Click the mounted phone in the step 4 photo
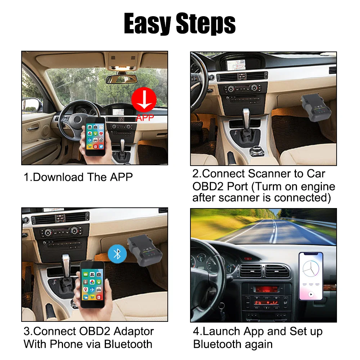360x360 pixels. (310, 276)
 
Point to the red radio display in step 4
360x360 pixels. (266, 289)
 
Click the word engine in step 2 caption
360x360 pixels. (316, 186)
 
